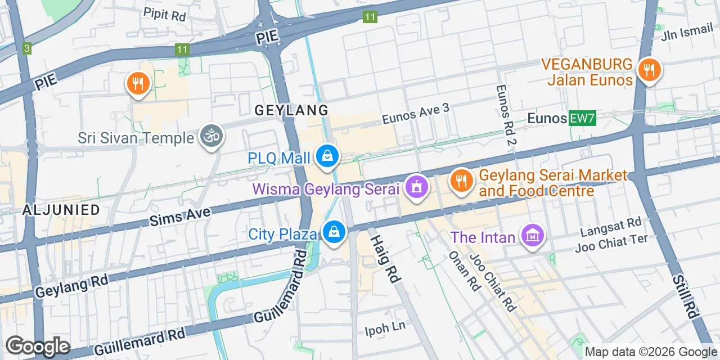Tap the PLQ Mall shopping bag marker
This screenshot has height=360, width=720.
click(x=327, y=157)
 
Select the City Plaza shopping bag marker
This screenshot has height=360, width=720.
click(x=334, y=232)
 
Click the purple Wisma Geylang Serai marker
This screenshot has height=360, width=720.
click(x=417, y=188)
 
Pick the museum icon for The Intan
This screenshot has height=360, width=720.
click(x=532, y=236)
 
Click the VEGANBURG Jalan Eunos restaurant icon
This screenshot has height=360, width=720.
click(x=650, y=71)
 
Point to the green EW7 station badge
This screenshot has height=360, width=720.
click(x=582, y=118)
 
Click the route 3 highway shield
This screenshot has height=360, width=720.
click(x=27, y=48)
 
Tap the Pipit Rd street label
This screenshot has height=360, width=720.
click(x=164, y=14)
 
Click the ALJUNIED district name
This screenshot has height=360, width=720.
click(x=61, y=210)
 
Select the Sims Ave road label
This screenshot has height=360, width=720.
click(x=180, y=217)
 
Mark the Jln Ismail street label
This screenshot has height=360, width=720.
click(x=687, y=33)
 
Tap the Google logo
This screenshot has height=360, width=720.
click(x=38, y=346)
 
